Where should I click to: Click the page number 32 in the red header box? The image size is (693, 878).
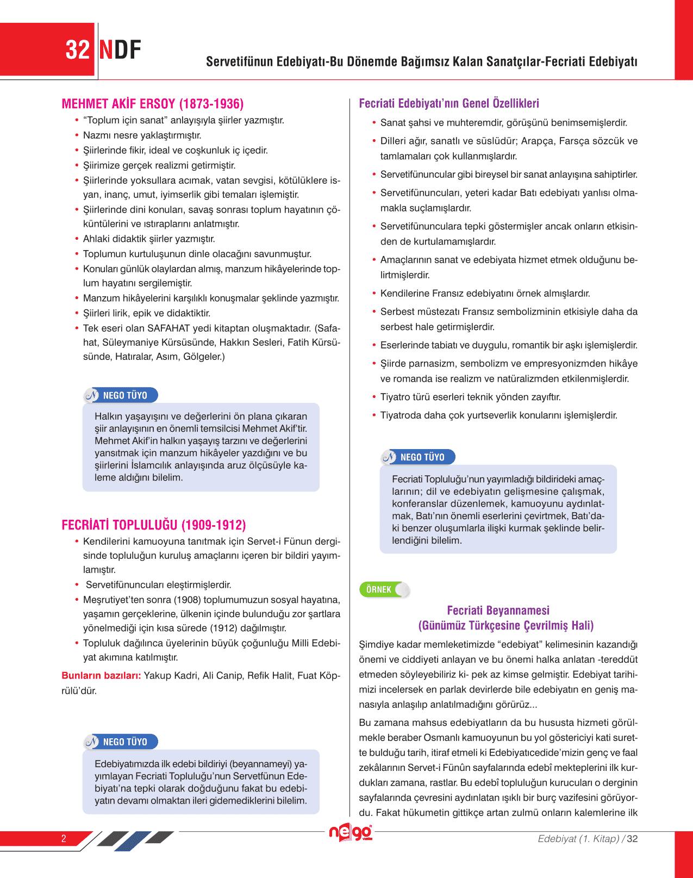click(x=77, y=50)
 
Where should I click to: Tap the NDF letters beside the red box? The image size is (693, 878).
click(x=120, y=50)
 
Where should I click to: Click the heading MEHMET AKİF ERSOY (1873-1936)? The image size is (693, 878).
click(x=153, y=104)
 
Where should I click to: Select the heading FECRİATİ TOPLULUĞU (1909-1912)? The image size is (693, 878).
click(x=154, y=525)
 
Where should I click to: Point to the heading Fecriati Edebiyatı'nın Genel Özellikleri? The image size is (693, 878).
click(x=449, y=103)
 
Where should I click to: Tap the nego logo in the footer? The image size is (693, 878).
click(x=351, y=832)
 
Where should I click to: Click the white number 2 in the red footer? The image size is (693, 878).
click(x=64, y=838)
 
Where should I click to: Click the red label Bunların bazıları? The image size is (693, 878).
click(x=101, y=676)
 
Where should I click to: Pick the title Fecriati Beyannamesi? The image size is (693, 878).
click(x=498, y=611)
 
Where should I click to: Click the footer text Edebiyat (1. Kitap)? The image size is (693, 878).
click(x=578, y=839)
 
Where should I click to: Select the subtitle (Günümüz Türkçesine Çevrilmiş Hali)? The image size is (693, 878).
click(x=505, y=626)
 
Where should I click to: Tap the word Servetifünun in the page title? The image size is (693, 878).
click(x=239, y=61)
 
